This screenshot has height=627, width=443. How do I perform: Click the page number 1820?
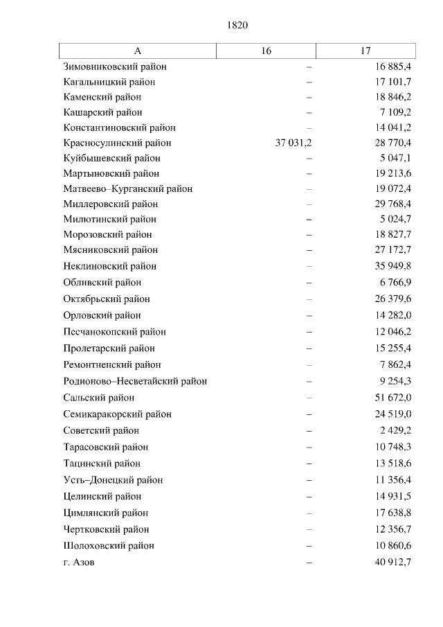[x=237, y=25]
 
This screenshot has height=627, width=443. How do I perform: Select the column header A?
[x=137, y=51]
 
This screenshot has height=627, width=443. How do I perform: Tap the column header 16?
[x=266, y=51]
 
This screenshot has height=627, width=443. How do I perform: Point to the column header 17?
[x=365, y=51]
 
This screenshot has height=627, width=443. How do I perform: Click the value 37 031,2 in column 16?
[x=293, y=143]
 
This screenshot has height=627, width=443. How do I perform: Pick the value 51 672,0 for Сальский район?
[x=392, y=398]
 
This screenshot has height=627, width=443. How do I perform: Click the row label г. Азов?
[x=78, y=562]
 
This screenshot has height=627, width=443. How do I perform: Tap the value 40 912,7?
[x=392, y=562]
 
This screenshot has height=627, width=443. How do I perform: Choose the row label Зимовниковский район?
[x=115, y=67]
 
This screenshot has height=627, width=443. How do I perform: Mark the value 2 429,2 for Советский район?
[x=395, y=430]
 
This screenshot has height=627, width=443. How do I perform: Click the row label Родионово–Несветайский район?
[x=135, y=381]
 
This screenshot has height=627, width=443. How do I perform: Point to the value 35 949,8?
[x=392, y=266]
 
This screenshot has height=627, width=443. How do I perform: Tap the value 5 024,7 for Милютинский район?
[x=395, y=219]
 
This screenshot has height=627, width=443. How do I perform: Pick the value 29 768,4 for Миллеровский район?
[x=392, y=204]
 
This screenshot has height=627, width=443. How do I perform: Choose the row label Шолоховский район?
[x=108, y=545]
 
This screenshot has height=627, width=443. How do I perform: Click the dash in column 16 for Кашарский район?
[x=309, y=112]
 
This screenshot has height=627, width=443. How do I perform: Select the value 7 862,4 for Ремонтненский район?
[x=395, y=364]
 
